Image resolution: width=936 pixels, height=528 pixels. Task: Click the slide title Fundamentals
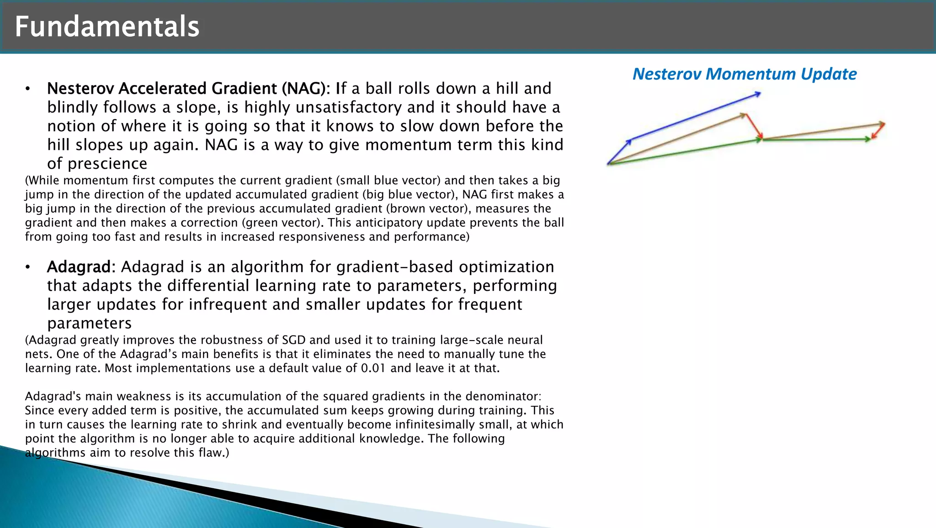point(107,27)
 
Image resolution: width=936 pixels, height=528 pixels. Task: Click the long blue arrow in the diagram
point(695,117)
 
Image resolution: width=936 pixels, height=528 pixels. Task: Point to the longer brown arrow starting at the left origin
point(676,139)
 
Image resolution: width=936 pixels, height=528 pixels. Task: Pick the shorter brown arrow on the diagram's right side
point(823,131)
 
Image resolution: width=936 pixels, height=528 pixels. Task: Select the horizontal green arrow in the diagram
point(816,139)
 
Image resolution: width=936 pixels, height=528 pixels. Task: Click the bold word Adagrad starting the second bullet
point(79,267)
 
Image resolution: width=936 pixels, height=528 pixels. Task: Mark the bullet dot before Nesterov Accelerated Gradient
point(28,89)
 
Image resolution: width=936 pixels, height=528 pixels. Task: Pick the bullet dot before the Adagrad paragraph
point(28,267)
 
